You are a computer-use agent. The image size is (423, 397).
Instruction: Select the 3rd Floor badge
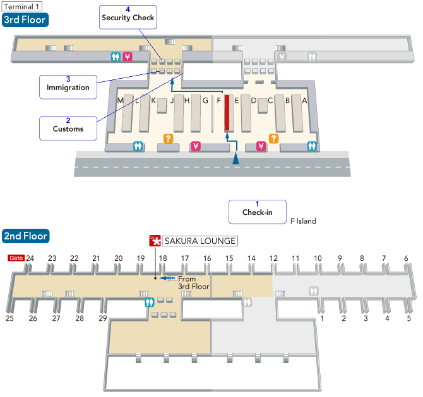(x=25, y=20)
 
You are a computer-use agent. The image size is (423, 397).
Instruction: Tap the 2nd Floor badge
(x=25, y=236)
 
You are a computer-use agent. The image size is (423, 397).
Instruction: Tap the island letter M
(x=120, y=100)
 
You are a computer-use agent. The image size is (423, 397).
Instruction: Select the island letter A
(x=304, y=100)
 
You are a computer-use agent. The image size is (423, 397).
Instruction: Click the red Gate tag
(x=16, y=258)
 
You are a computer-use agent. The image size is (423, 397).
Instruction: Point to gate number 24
(x=30, y=258)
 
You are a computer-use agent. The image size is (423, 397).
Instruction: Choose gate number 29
(x=102, y=318)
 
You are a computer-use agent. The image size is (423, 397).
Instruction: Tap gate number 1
(x=322, y=318)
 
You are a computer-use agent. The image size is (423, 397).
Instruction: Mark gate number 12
(x=273, y=258)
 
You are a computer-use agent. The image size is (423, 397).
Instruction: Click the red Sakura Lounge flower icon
(x=155, y=241)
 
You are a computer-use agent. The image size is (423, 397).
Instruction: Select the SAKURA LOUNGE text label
(x=200, y=241)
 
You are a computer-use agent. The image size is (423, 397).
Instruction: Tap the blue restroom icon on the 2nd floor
(x=149, y=302)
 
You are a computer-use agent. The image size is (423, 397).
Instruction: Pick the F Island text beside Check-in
(x=303, y=221)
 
